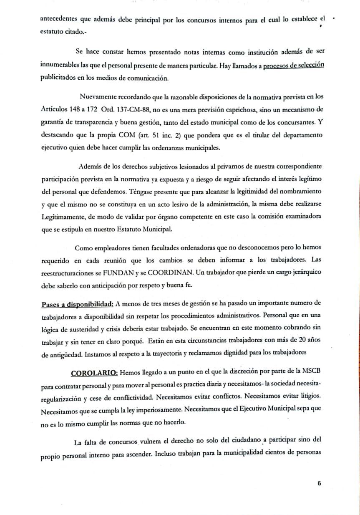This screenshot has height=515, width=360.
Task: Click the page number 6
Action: point(319,483)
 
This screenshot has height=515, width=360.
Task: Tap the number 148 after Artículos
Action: point(76,110)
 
